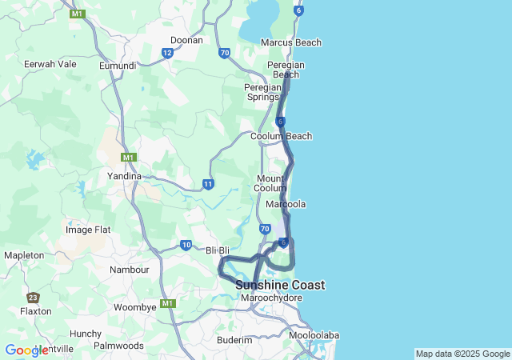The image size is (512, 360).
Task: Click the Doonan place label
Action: (x=187, y=39)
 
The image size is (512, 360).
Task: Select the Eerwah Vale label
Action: (x=50, y=64)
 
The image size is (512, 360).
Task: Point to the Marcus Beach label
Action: (x=291, y=42)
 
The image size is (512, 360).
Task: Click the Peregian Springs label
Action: (x=263, y=92)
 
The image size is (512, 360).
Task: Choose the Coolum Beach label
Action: (x=281, y=136)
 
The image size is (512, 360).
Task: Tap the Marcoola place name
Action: (x=286, y=204)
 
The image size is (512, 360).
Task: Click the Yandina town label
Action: (x=124, y=175)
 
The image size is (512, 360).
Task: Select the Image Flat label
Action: (x=89, y=229)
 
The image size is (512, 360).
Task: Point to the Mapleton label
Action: (x=24, y=254)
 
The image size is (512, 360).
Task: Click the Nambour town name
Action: (x=130, y=270)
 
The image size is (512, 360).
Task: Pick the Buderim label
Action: (x=234, y=340)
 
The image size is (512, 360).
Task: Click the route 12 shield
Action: (x=167, y=53)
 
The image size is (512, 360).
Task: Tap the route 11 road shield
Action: (x=208, y=184)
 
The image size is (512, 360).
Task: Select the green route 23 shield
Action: (x=33, y=297)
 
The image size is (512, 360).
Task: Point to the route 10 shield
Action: (x=186, y=245)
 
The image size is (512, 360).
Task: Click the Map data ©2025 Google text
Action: (x=462, y=354)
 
